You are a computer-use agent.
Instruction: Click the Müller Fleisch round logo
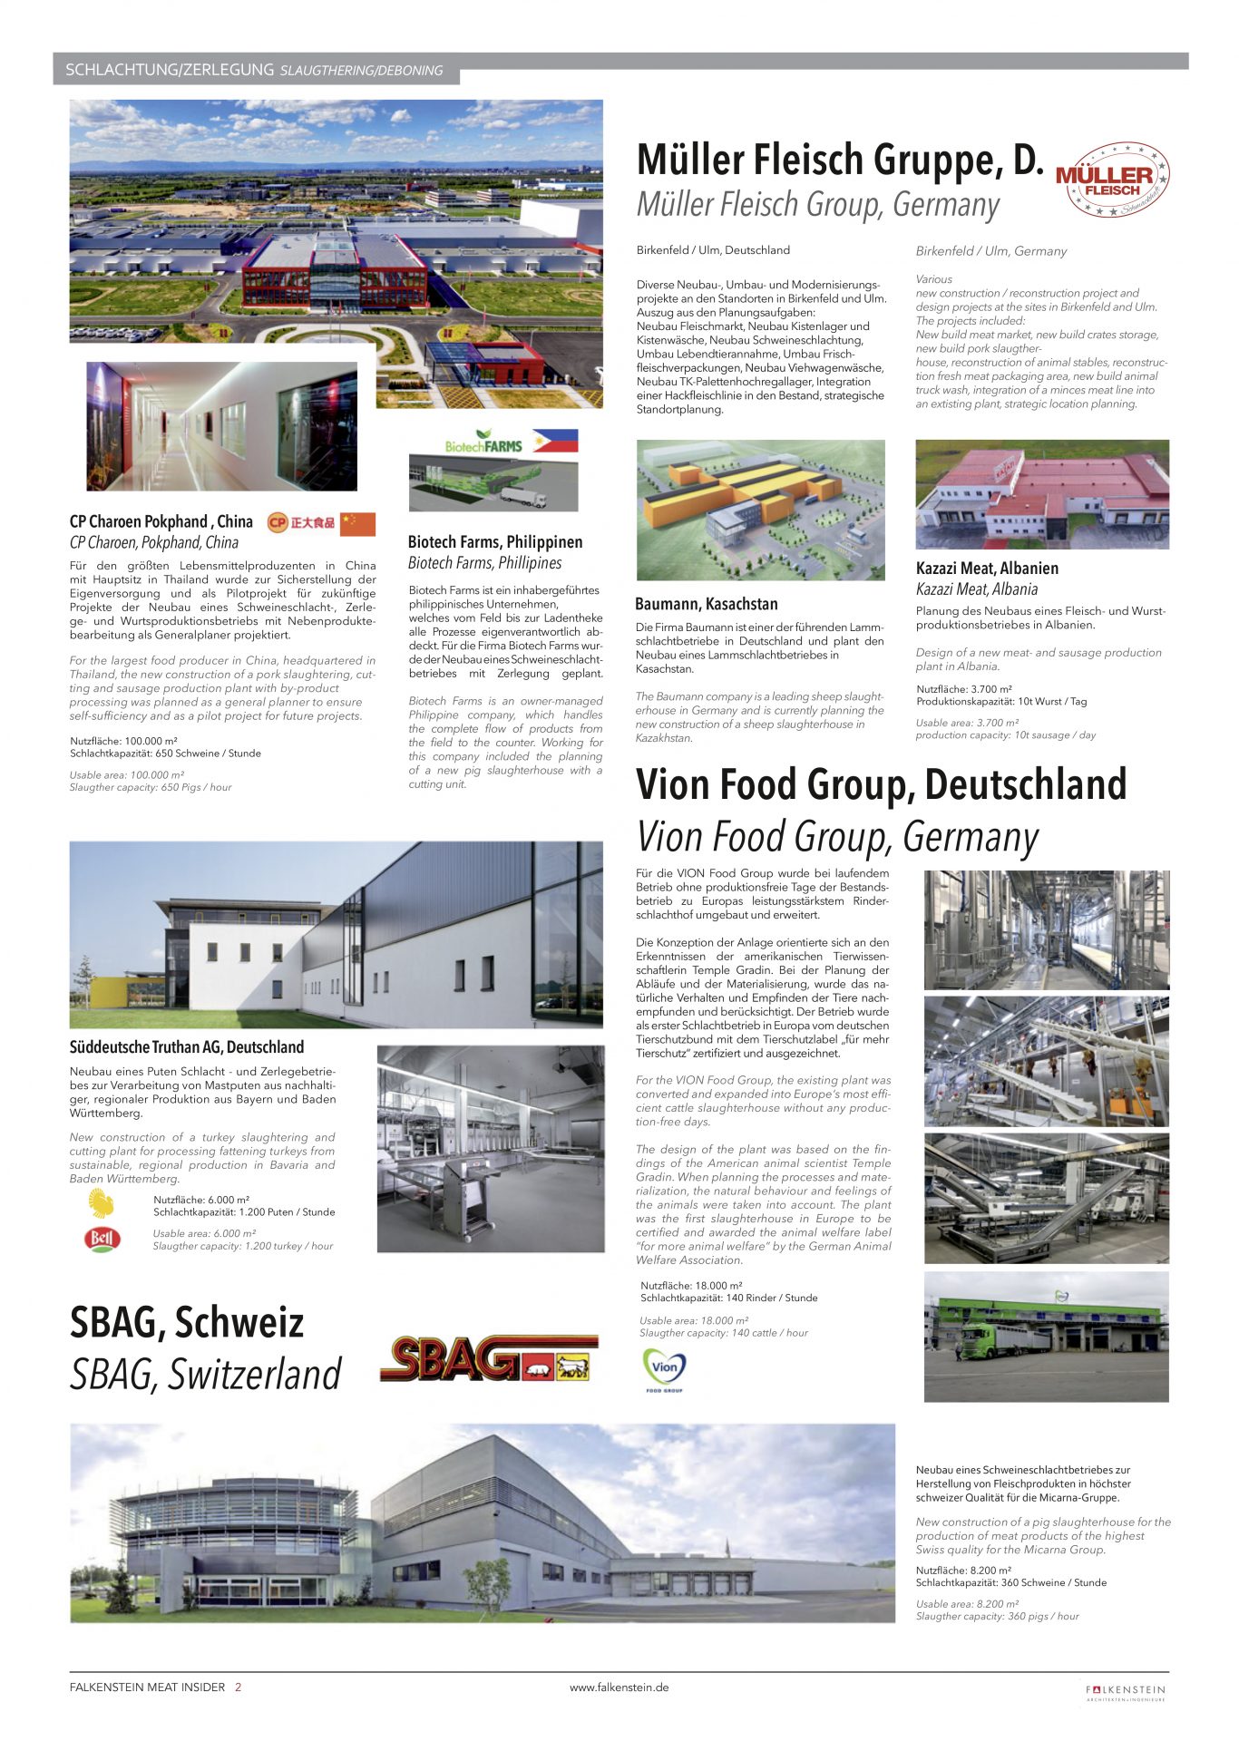[1112, 180]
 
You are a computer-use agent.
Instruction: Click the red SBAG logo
[488, 1357]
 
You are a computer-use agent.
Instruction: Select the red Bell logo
[102, 1239]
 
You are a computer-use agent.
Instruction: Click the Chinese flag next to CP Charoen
[357, 523]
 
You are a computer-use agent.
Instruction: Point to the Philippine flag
[555, 441]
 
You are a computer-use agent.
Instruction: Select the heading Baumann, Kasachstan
[706, 604]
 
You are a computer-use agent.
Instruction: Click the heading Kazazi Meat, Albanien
[987, 569]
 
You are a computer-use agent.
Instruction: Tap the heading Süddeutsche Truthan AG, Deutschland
[186, 1047]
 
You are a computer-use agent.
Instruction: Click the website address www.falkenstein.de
[619, 1688]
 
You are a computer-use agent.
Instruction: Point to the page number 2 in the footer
[238, 1688]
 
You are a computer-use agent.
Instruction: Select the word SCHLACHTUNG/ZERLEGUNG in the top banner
[170, 70]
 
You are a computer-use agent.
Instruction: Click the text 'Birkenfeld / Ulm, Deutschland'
[713, 250]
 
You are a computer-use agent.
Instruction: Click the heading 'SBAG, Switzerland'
[206, 1375]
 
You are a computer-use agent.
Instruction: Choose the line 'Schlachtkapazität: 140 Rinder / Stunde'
[728, 1298]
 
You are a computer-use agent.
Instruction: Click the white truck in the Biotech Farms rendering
[523, 498]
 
